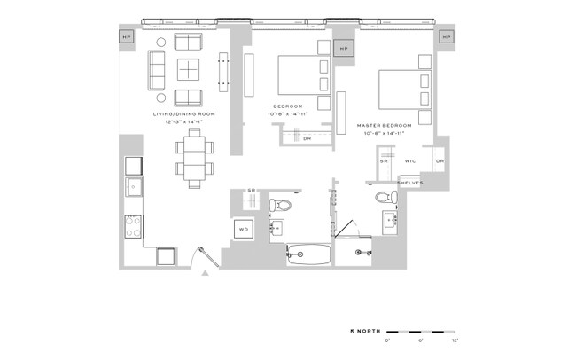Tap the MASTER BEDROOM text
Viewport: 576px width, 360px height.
coord(383,126)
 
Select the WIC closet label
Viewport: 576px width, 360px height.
coord(410,161)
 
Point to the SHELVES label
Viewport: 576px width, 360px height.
coord(409,183)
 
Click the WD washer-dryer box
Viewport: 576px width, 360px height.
coord(244,230)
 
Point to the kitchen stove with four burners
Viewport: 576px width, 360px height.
coord(134,227)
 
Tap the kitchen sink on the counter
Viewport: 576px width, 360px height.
coord(134,187)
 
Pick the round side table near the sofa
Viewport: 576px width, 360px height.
coord(160,42)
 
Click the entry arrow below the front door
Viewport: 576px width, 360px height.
coord(206,274)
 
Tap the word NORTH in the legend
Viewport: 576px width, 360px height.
coord(368,330)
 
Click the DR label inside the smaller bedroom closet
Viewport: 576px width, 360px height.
coord(307,138)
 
